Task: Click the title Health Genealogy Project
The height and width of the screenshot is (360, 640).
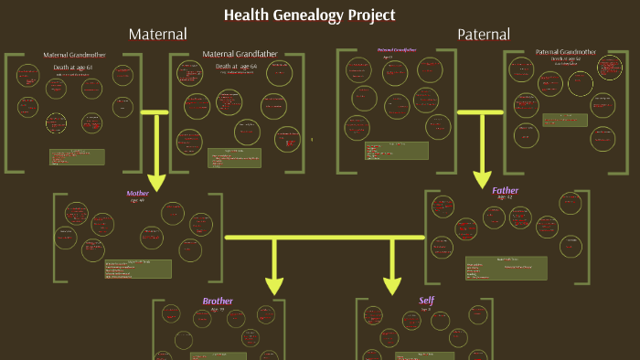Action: [310, 15]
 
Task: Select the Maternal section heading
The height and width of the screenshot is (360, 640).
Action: [157, 34]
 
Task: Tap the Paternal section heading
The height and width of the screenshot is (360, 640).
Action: [484, 35]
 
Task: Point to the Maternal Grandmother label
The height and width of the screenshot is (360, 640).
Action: [75, 55]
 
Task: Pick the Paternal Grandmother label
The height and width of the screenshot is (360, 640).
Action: [566, 51]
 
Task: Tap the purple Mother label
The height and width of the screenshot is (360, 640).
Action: [137, 194]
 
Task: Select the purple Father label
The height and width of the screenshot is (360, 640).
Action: [506, 191]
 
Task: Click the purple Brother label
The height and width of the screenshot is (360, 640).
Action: [218, 301]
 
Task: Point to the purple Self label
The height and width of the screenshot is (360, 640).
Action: [426, 301]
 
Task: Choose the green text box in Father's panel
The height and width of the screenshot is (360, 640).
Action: [507, 268]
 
